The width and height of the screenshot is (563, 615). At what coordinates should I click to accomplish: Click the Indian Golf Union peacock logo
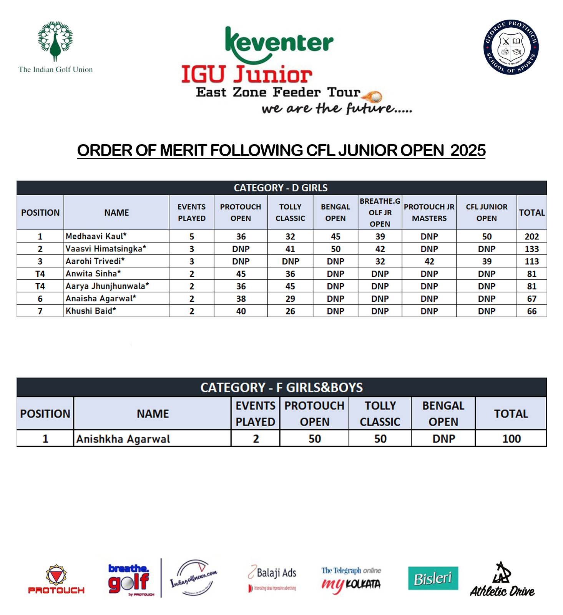point(55,42)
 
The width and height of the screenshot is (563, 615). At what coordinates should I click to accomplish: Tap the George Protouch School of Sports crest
point(511,47)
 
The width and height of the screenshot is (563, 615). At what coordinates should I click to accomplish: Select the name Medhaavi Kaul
point(96,236)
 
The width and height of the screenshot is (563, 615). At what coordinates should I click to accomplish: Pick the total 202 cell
point(531,236)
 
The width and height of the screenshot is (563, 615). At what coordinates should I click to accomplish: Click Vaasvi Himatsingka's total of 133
point(531,249)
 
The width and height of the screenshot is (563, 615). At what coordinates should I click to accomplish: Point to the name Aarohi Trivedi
point(95,261)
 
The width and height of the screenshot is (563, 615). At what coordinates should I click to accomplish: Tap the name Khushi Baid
point(91,311)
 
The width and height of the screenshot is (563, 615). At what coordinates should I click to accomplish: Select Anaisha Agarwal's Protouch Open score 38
point(241,299)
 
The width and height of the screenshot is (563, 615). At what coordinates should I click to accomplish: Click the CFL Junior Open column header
point(487,212)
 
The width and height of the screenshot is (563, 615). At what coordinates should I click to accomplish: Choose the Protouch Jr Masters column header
point(429,212)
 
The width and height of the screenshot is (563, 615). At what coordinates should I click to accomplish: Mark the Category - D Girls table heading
point(281,188)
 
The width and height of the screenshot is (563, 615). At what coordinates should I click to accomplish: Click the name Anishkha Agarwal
point(123,439)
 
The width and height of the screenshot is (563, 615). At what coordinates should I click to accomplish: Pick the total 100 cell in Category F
point(511,439)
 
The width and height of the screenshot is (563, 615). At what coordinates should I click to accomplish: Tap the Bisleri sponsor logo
point(433,578)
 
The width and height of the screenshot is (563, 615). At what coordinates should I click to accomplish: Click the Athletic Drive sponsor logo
point(502,580)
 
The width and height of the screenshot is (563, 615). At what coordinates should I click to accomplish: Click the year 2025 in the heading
point(468,150)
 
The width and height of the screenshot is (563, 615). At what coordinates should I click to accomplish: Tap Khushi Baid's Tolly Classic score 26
point(290,311)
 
